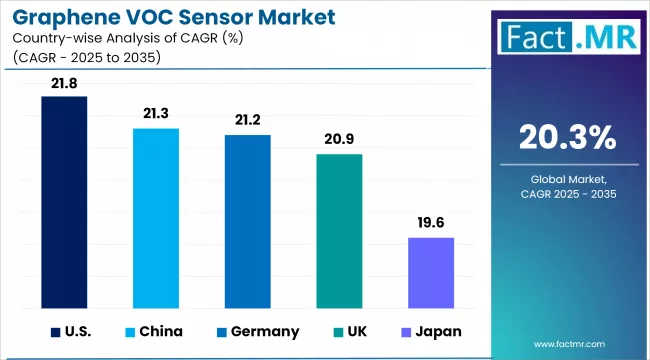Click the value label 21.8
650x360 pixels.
coord(64,84)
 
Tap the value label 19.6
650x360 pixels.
coord(431,225)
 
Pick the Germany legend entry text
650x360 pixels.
coord(264,331)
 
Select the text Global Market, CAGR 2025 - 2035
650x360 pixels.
coord(567,185)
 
